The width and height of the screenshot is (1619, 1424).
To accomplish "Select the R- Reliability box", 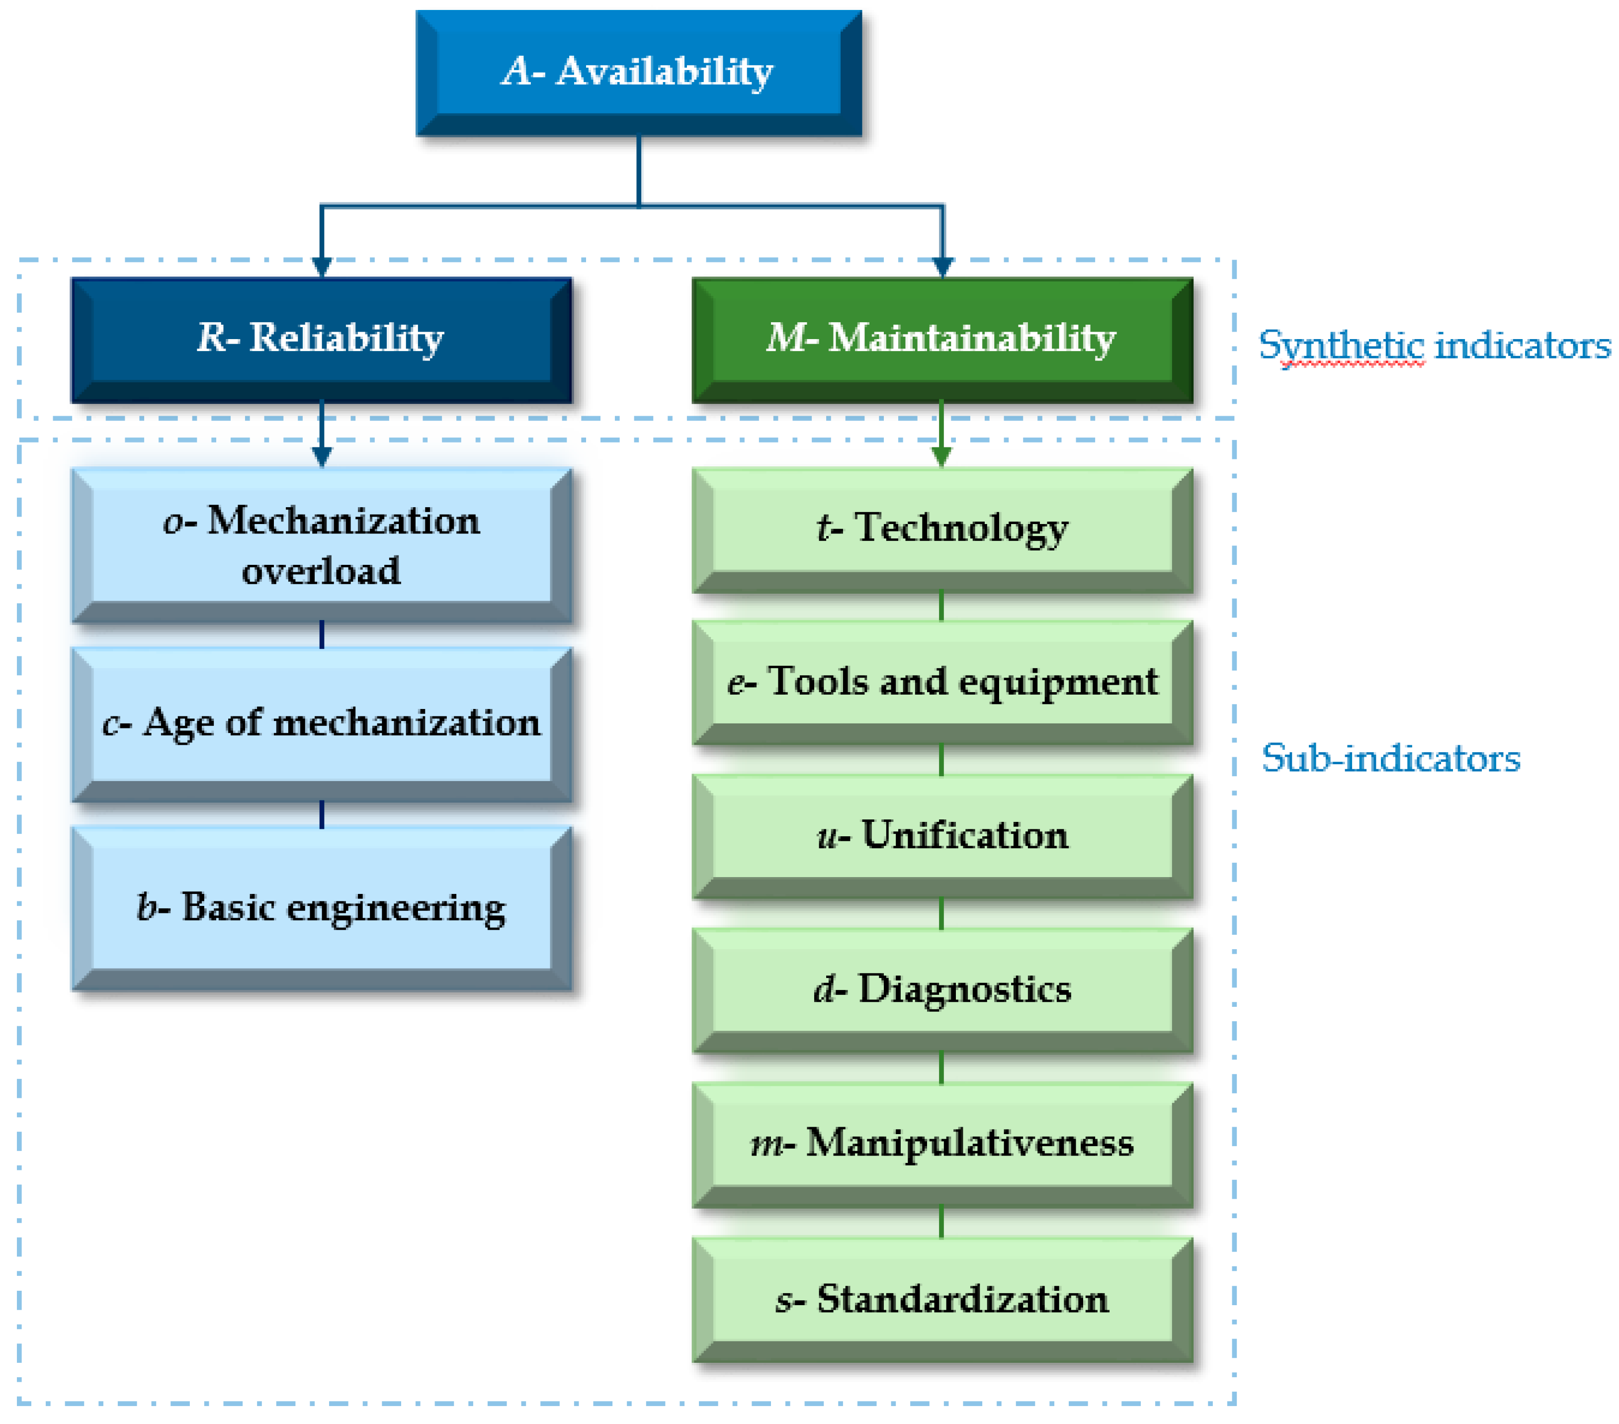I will click(x=321, y=339).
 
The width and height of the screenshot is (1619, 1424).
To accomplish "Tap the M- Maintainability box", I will click(x=942, y=339).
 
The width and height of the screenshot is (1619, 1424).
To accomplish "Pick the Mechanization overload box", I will click(x=321, y=545).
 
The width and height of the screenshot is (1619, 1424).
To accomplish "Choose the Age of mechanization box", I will click(x=321, y=723).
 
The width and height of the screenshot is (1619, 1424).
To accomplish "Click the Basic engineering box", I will click(x=321, y=907).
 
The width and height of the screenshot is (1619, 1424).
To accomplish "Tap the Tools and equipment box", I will click(x=942, y=682).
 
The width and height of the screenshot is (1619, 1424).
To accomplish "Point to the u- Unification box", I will click(x=942, y=836).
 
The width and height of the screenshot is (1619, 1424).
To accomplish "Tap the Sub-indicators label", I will click(x=1390, y=758).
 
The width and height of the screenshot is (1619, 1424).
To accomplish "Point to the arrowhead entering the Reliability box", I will click(x=322, y=267).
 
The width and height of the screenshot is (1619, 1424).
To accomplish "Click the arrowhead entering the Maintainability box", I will click(x=942, y=267).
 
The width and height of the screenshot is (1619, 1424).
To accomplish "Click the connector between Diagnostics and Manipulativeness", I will click(x=941, y=1068).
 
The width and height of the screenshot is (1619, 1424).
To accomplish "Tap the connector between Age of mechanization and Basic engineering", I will click(x=322, y=814).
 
